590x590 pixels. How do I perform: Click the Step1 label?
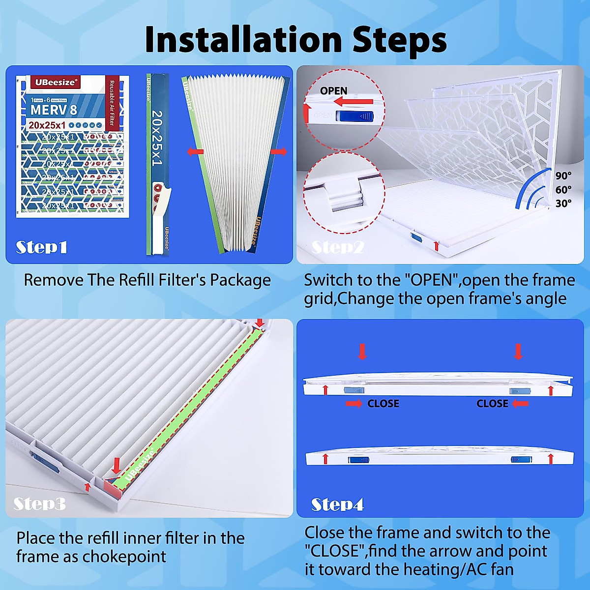41,247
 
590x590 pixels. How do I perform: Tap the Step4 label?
337,504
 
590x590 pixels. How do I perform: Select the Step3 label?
39,503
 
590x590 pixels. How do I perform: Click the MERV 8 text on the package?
54,110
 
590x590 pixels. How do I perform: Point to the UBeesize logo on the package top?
56,82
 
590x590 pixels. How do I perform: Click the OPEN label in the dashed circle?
333,91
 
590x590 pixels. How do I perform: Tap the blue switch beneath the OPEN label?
354,117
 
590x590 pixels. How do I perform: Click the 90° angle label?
563,176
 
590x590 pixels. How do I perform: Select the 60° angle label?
563,190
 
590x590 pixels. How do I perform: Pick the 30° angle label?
563,204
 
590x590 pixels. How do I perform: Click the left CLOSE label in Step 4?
383,404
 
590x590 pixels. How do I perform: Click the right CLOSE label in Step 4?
492,404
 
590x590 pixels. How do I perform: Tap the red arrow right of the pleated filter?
278,151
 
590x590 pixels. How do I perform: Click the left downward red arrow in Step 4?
362,352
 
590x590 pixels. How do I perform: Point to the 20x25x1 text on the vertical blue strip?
157,138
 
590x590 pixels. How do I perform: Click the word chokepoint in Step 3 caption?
124,557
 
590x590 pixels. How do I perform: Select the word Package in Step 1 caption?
240,280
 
